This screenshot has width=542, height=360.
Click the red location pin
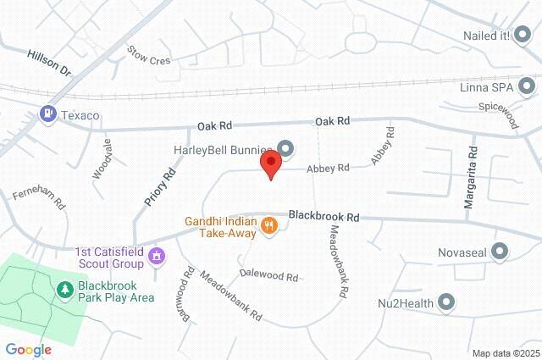[271, 163]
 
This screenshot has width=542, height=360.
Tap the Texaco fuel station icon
[49, 114]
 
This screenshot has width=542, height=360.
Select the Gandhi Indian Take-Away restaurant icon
[270, 224]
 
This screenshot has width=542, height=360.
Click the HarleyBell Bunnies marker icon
[285, 150]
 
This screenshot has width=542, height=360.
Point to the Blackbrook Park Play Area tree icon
[64, 291]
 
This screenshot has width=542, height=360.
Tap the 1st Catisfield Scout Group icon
[156, 255]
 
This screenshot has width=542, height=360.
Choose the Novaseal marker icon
[500, 252]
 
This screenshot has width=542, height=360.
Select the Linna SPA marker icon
[528, 85]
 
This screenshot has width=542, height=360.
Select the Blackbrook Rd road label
[324, 217]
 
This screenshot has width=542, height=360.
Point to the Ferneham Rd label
[38, 200]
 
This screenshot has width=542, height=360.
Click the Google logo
[28, 349]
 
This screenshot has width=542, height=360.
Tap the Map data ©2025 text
[505, 353]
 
